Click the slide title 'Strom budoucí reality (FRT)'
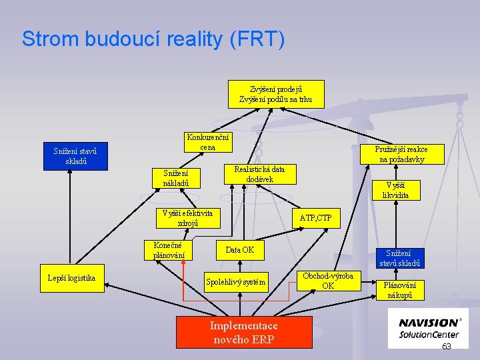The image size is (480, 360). pyautogui.click(x=153, y=39)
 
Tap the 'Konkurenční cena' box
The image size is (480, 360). pyautogui.click(x=208, y=142)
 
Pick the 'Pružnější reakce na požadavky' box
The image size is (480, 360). pyautogui.click(x=401, y=154)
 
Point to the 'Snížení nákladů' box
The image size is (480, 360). pyautogui.click(x=181, y=178)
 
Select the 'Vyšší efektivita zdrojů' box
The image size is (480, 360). pyautogui.click(x=187, y=218)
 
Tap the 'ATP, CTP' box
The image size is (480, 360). pyautogui.click(x=315, y=217)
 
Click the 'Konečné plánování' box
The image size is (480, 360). pyautogui.click(x=169, y=249)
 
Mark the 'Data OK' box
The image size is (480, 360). pyautogui.click(x=240, y=249)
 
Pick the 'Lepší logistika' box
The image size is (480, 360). pyautogui.click(x=72, y=278)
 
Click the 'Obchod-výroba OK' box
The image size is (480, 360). pyautogui.click(x=328, y=281)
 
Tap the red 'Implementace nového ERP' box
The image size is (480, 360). pyautogui.click(x=244, y=331)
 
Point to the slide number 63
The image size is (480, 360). pyautogui.click(x=447, y=347)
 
